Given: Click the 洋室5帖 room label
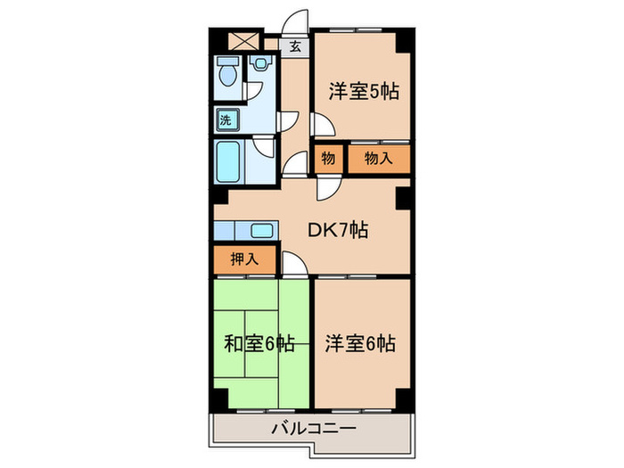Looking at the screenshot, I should [x=361, y=92].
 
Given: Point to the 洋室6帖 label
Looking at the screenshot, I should [x=360, y=343].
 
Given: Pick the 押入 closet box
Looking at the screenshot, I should [x=239, y=260].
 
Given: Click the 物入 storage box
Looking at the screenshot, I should [x=379, y=160].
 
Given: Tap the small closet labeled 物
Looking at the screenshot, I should [x=328, y=160].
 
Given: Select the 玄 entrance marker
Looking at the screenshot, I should [x=294, y=46].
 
